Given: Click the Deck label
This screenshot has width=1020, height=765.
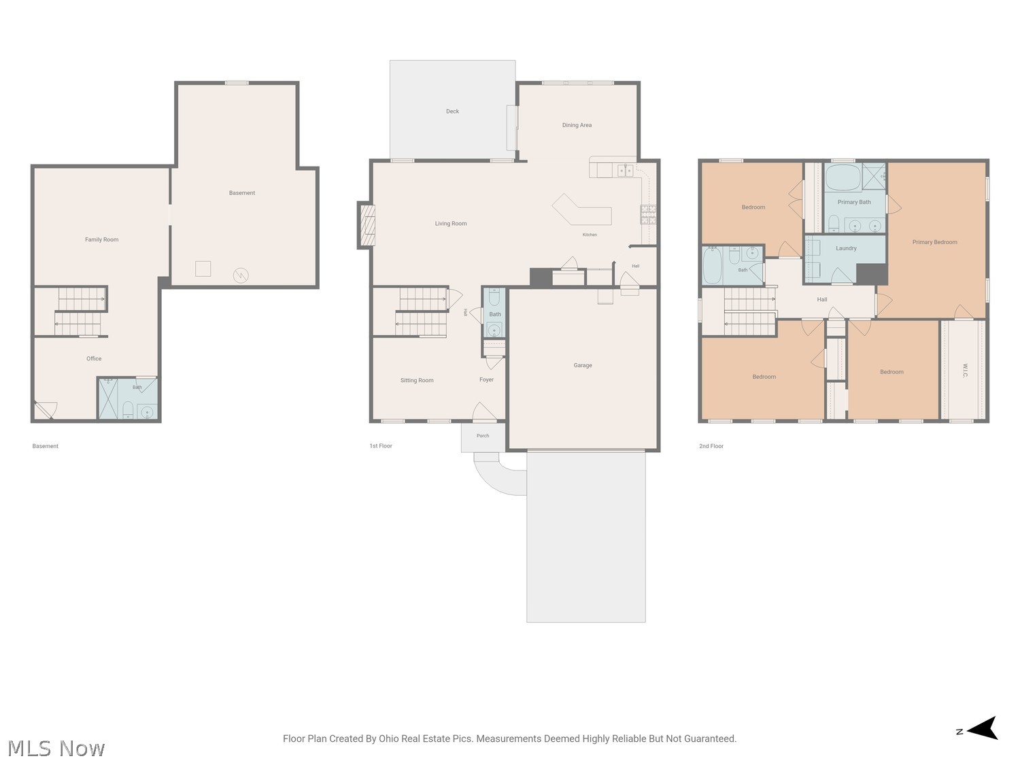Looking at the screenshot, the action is [452, 112].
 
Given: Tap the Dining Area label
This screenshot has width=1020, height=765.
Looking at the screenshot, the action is [577, 125].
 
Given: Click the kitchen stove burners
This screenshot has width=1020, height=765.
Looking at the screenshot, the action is [648, 215].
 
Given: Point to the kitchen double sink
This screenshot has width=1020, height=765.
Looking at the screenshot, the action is [626, 171].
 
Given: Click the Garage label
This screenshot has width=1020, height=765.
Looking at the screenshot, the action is [583, 366].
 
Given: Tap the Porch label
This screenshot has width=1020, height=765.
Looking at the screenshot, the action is [483, 436].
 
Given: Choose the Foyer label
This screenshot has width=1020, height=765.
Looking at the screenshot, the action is [486, 379].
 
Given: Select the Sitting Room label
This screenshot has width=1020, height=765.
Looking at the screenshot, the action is [417, 380].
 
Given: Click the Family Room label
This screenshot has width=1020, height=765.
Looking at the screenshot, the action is [102, 239].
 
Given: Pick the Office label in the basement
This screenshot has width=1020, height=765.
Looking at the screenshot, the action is [94, 358].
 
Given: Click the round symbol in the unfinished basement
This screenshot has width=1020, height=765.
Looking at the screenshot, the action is [241, 275].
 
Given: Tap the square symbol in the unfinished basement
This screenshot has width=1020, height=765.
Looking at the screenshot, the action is [203, 269].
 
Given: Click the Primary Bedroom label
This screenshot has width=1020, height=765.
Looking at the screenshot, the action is [934, 242].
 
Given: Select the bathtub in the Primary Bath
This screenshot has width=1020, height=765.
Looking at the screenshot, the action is [843, 177].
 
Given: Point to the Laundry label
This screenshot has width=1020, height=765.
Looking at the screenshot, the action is [846, 248].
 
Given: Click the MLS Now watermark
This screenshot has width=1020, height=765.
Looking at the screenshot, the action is [56, 748].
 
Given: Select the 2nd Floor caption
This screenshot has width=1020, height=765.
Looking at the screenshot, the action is [711, 446].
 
